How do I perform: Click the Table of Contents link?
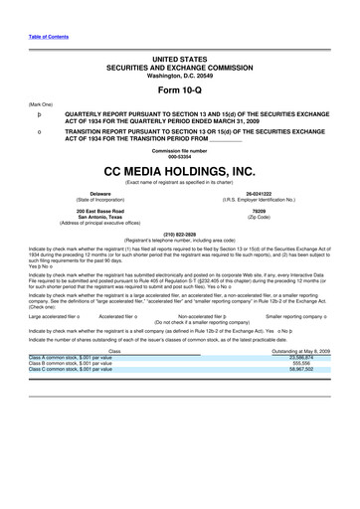(48, 37)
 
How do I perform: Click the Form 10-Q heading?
(179, 88)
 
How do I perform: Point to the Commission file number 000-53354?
(179, 157)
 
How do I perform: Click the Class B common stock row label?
(71, 391)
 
